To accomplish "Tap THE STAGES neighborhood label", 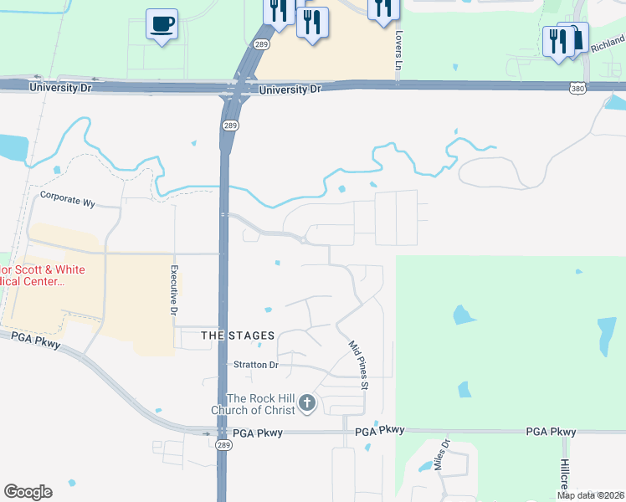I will coord(238,336).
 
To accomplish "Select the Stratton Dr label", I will coord(255,365).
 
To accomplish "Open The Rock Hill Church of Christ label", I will coord(261,404).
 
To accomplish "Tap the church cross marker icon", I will coord(307,404).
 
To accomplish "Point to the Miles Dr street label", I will coord(442,455).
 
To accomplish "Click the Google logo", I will coord(28,492).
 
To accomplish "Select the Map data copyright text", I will coord(591,495).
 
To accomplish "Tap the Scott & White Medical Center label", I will coord(32,276).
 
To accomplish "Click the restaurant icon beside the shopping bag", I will coord(556,41).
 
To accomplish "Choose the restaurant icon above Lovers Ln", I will coord(382,8).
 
